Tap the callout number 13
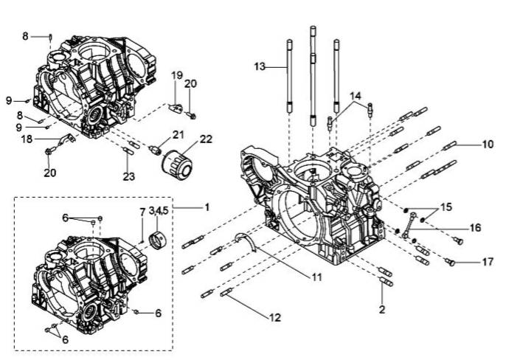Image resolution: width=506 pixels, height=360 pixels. (x=260, y=67)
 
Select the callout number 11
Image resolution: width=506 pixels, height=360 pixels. (x=316, y=277)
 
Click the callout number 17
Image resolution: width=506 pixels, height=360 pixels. (x=488, y=262)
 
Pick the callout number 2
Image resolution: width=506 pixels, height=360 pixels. (x=382, y=309)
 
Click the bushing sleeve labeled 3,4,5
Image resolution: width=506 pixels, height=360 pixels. (x=159, y=241)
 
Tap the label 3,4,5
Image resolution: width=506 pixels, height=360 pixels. (x=159, y=211)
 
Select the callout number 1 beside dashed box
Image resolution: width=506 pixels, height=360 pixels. (x=207, y=207)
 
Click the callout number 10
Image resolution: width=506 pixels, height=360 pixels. (x=488, y=144)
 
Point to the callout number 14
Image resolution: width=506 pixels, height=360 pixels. (x=356, y=96)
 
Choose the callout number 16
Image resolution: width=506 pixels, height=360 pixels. (x=476, y=228)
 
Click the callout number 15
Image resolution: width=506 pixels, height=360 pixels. (x=447, y=207)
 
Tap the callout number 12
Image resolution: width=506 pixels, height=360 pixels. (x=275, y=317)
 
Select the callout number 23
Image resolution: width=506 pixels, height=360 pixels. (x=128, y=176)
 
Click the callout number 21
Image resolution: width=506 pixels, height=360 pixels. (x=178, y=134)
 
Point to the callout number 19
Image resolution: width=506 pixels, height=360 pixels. (x=177, y=76)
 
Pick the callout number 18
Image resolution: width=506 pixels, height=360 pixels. (x=27, y=139)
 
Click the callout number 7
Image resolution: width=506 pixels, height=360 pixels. (x=142, y=212)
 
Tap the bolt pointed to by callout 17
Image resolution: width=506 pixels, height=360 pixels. (x=450, y=262)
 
